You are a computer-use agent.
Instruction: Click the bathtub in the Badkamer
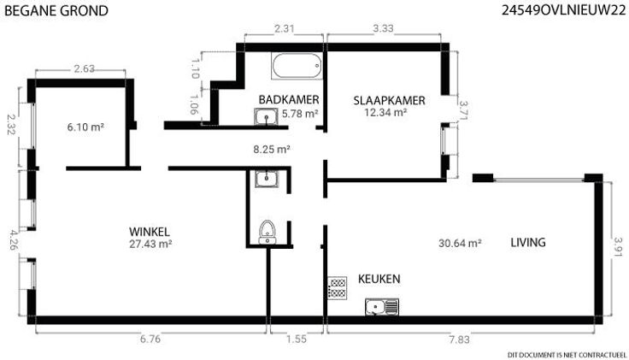297,66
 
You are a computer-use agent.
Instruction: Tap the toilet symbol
267,232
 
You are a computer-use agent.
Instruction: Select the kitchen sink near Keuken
382,307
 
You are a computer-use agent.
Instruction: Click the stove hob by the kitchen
338,288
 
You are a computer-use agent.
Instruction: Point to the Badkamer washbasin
266,116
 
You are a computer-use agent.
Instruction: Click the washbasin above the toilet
267,178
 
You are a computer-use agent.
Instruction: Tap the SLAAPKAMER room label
389,100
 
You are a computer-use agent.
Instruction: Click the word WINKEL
150,232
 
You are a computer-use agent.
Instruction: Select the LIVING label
528,242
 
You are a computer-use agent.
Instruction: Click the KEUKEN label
379,279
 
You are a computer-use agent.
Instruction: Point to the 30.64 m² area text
460,243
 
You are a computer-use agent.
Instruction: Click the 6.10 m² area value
85,127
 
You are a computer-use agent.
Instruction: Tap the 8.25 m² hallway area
272,150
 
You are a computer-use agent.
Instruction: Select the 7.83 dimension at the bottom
459,339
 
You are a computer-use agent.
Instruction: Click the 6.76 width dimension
150,339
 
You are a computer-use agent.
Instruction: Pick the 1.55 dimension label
297,339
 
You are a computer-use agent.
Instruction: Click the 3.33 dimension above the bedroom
383,28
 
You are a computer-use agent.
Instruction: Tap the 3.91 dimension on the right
618,247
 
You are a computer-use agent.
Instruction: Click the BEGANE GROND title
56,11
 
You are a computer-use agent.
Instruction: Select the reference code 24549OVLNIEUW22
563,10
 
